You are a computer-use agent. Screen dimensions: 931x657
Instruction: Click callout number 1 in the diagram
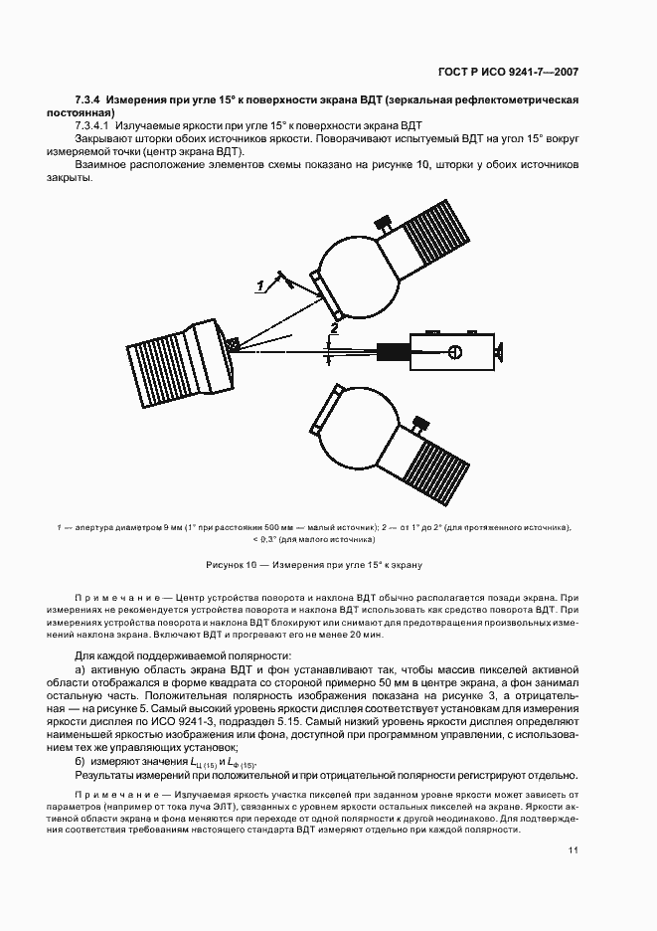point(260,286)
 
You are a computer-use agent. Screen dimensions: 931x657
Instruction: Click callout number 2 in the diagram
point(335,326)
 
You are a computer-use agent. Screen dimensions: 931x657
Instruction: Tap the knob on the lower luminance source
point(421,427)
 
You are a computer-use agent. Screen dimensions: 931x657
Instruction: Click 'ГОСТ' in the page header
point(452,72)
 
